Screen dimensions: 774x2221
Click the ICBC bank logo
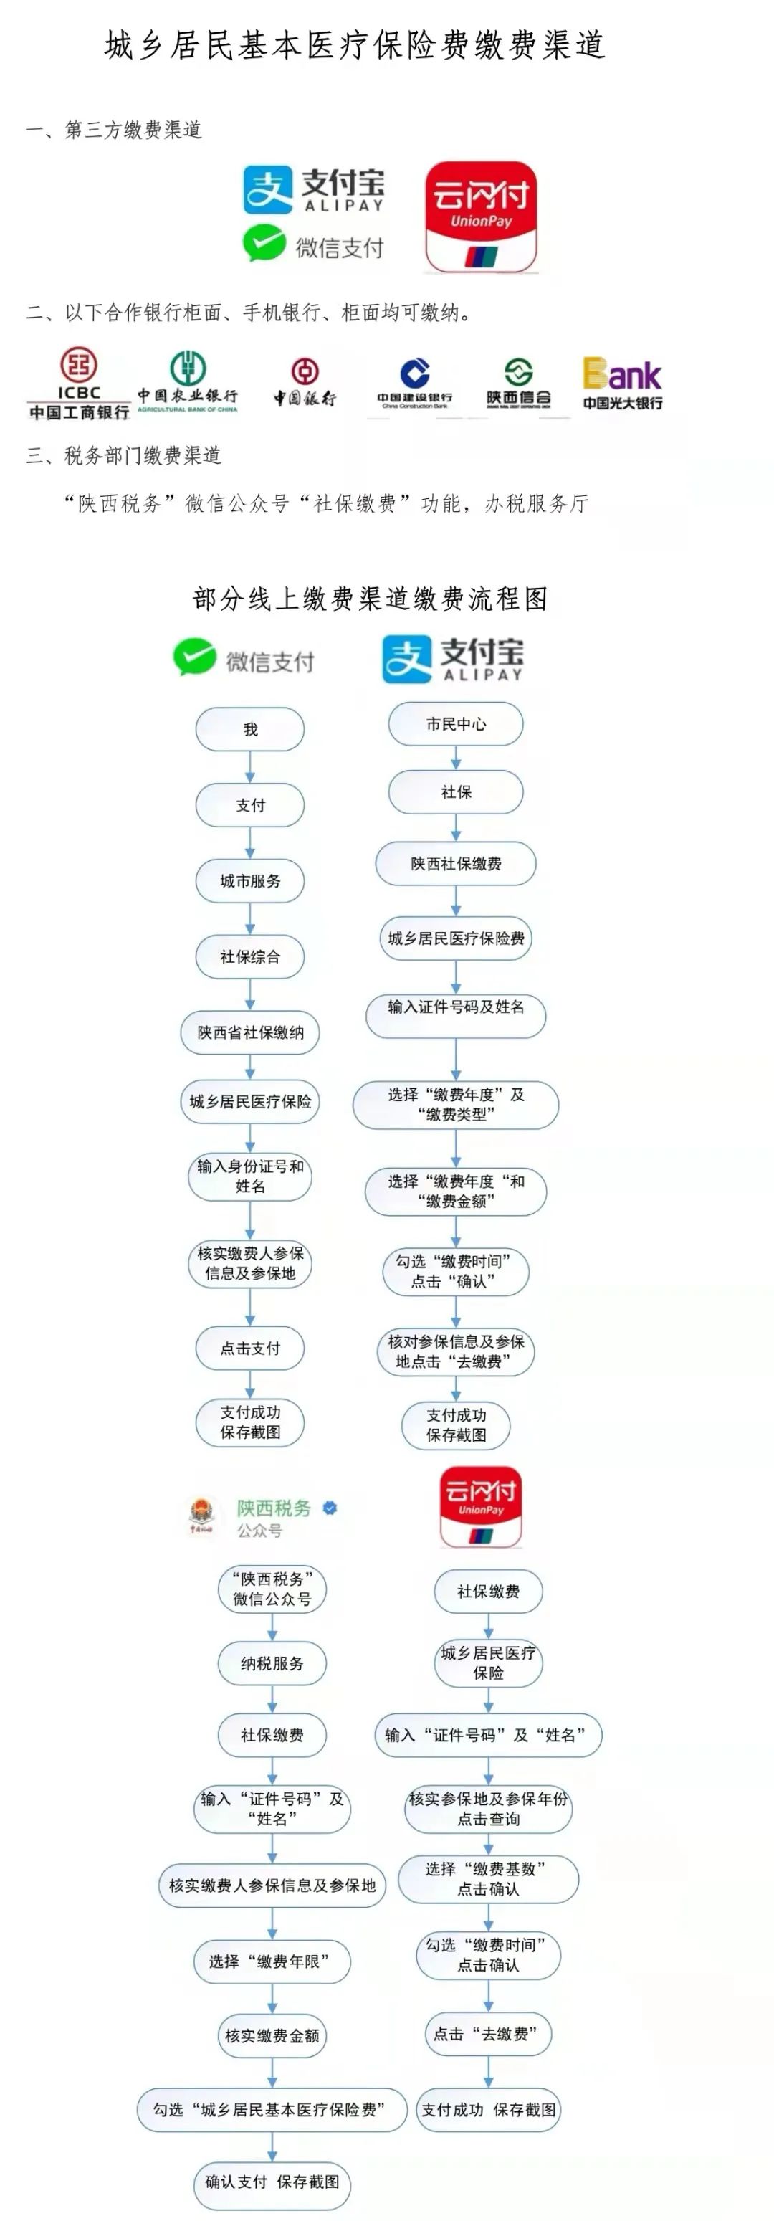[x=78, y=384]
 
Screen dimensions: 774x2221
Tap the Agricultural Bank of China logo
[x=187, y=382]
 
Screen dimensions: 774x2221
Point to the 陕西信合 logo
[x=518, y=383]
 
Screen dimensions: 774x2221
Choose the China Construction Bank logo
[x=414, y=383]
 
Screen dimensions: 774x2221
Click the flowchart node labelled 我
[x=250, y=729]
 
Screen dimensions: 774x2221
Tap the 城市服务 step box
[x=250, y=881]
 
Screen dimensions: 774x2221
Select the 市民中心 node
[x=456, y=724]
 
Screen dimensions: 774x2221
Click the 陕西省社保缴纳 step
[x=250, y=1033]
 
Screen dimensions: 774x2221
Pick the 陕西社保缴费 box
[x=456, y=864]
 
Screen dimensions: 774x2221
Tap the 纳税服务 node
[x=272, y=1663]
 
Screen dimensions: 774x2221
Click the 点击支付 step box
[x=250, y=1349]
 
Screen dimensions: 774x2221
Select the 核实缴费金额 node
[x=272, y=2035]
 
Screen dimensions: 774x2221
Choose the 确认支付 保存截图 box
[x=272, y=2182]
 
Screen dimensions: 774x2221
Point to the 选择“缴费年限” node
[x=272, y=1961]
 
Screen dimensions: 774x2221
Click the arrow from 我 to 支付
[x=250, y=766]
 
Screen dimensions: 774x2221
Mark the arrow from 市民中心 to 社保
[x=456, y=758]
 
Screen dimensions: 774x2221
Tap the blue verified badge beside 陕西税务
[x=329, y=1508]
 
